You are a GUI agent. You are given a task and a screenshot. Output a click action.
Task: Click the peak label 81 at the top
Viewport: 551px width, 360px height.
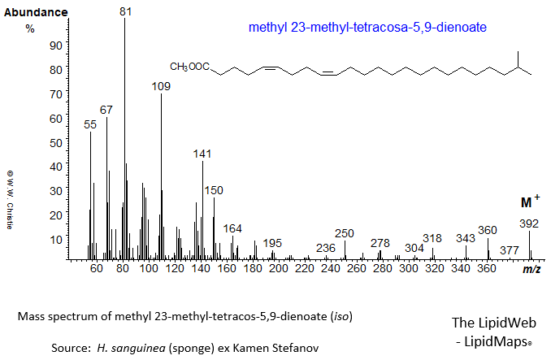(x=124, y=11)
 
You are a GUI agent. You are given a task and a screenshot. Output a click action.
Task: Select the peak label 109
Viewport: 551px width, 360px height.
(x=161, y=86)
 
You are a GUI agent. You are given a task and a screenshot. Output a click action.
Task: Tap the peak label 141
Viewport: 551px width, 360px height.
(x=202, y=154)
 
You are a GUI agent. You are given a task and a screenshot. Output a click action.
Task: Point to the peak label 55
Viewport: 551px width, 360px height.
(x=90, y=124)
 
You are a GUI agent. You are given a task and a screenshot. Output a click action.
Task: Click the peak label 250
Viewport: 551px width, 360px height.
(x=345, y=233)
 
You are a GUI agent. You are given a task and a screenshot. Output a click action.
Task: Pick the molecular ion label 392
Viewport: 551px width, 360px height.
(x=529, y=223)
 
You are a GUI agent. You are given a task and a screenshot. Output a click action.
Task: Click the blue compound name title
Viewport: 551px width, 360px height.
(x=367, y=28)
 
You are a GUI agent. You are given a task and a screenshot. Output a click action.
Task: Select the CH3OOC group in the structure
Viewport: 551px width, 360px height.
(x=189, y=67)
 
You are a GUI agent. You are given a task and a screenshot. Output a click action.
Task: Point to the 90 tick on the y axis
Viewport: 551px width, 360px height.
(x=55, y=46)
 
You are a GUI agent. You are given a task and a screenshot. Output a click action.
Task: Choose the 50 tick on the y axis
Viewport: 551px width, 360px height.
(x=55, y=142)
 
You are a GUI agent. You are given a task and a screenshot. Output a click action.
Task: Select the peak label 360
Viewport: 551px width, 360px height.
(x=487, y=230)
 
